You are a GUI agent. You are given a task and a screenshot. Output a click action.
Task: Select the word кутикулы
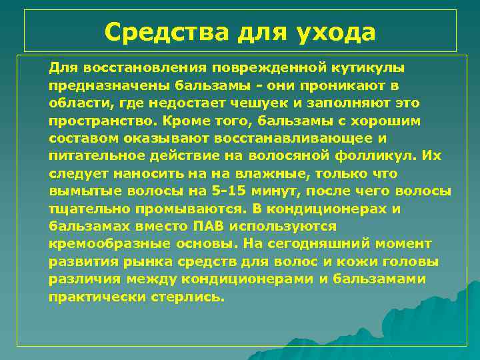point(365,68)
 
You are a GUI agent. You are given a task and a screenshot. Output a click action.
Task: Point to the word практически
point(91,296)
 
